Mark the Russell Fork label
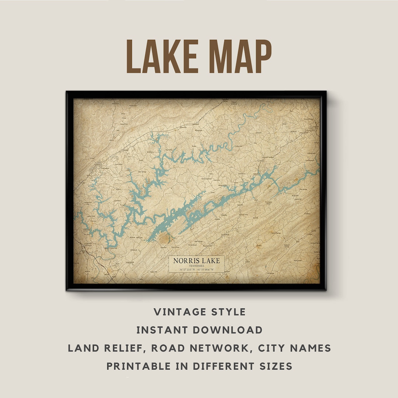coord(120,124)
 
